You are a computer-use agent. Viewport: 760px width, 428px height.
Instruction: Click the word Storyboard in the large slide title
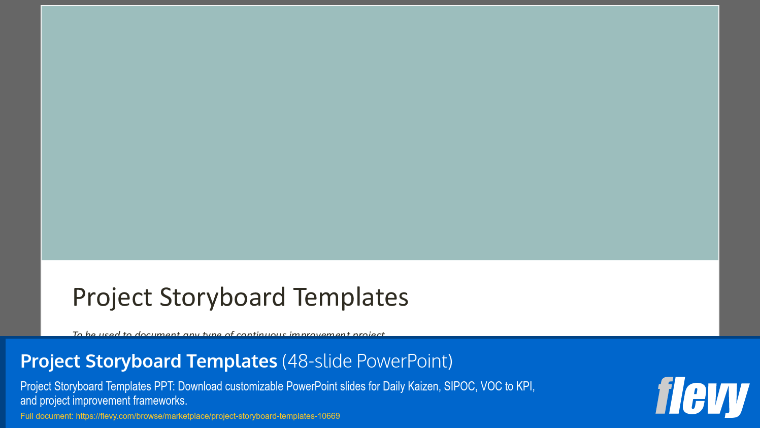click(x=222, y=298)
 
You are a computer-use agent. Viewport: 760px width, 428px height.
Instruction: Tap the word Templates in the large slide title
click(x=351, y=298)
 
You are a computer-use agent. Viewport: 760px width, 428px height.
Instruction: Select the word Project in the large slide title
click(x=112, y=298)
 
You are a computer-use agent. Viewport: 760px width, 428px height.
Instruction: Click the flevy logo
click(x=702, y=396)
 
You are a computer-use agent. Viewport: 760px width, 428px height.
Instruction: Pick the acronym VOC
click(x=491, y=386)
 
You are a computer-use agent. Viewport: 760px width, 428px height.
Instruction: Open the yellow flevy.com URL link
click(x=208, y=416)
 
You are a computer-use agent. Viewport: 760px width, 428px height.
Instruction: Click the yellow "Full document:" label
click(x=47, y=416)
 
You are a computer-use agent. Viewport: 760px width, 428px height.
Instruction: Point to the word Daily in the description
click(x=394, y=386)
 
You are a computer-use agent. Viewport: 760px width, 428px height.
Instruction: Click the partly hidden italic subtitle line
click(x=228, y=334)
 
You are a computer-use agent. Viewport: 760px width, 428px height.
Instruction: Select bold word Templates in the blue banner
click(x=232, y=361)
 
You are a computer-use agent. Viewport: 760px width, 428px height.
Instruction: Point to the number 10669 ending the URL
click(x=328, y=416)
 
